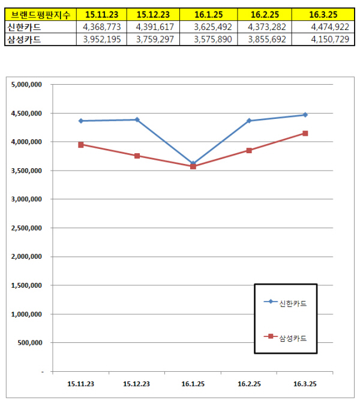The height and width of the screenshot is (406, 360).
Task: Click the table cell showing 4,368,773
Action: click(x=103, y=27)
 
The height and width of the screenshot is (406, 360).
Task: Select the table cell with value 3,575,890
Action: click(x=210, y=39)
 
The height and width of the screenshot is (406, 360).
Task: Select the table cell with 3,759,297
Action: click(x=157, y=39)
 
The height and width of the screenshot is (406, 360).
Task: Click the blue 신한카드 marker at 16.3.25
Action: click(x=305, y=115)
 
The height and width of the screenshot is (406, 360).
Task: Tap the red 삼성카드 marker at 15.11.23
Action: click(x=81, y=145)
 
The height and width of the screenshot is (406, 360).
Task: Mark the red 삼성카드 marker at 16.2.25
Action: click(x=249, y=150)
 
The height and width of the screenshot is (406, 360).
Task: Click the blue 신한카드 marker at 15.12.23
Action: click(x=137, y=120)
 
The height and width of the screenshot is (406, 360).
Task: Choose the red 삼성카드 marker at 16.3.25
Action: click(x=305, y=133)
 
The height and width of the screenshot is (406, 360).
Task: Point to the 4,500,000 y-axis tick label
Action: click(x=26, y=114)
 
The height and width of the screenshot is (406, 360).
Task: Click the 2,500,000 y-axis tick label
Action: click(x=26, y=228)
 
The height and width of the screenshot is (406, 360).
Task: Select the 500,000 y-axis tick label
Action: click(x=30, y=343)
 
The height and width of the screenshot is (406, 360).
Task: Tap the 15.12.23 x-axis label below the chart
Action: click(x=137, y=383)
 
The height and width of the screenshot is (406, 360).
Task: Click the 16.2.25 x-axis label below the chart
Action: click(x=249, y=383)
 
